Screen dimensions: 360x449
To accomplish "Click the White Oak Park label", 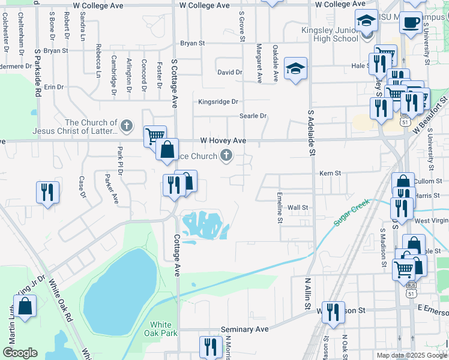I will pyautogui.click(x=161, y=329).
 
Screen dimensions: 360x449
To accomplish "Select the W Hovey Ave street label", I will pyautogui.click(x=223, y=140).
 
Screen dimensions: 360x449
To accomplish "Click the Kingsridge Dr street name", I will pyautogui.click(x=218, y=102).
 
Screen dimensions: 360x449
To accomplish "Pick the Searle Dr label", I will pyautogui.click(x=253, y=116).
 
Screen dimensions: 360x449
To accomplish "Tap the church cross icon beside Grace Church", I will pyautogui.click(x=226, y=157).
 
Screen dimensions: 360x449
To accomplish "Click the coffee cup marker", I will pyautogui.click(x=411, y=23).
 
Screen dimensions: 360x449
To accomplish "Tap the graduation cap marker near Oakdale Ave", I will pyautogui.click(x=295, y=69).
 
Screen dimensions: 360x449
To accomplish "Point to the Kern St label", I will pyautogui.click(x=330, y=173).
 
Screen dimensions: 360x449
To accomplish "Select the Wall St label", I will pyautogui.click(x=298, y=208).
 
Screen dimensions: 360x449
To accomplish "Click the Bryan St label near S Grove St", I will pyautogui.click(x=193, y=43).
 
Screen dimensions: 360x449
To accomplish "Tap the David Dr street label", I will pyautogui.click(x=229, y=72).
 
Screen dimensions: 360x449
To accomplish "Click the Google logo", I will pyautogui.click(x=20, y=353).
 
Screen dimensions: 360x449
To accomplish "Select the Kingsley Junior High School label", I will pyautogui.click(x=330, y=34).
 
